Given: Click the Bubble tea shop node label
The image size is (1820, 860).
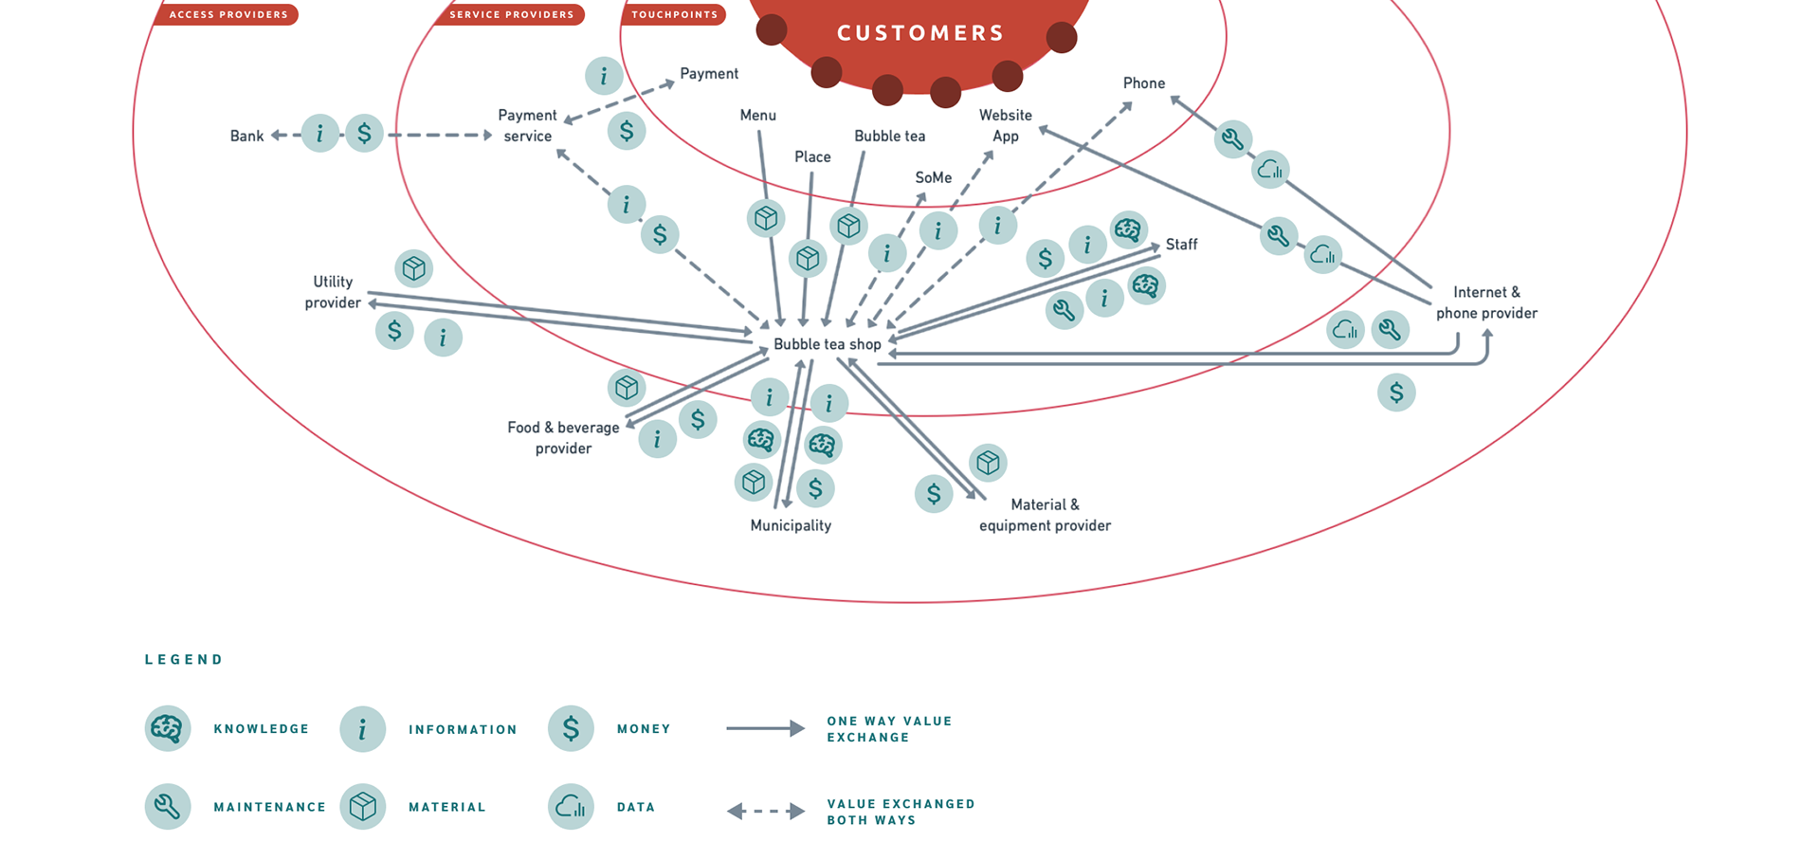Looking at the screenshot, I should pyautogui.click(x=827, y=344).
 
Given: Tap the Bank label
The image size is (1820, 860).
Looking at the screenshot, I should pyautogui.click(x=246, y=136).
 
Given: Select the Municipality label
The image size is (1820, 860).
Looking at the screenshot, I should pyautogui.click(x=791, y=525).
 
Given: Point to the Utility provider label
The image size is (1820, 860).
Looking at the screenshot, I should pyautogui.click(x=333, y=292).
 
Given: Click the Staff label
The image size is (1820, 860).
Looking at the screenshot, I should pyautogui.click(x=1181, y=245).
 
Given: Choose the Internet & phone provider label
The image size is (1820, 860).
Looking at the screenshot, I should pyautogui.click(x=1485, y=302).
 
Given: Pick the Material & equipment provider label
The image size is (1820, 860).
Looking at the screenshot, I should pyautogui.click(x=1045, y=515).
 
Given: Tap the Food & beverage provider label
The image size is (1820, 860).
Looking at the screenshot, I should pyautogui.click(x=563, y=437).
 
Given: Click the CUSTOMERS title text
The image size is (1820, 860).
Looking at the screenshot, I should pyautogui.click(x=919, y=33).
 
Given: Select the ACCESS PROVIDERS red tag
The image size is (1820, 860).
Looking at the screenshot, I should pyautogui.click(x=227, y=14).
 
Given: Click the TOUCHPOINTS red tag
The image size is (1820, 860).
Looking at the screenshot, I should pyautogui.click(x=674, y=14).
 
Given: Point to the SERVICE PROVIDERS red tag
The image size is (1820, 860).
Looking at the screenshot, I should pyautogui.click(x=511, y=14).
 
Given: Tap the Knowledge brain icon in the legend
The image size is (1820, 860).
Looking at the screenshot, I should pyautogui.click(x=168, y=728).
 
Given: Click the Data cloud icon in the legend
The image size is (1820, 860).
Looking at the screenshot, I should pyautogui.click(x=571, y=807).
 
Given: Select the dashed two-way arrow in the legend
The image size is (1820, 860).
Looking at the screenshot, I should pyautogui.click(x=766, y=812).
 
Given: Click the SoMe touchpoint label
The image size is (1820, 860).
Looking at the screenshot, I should pyautogui.click(x=933, y=177).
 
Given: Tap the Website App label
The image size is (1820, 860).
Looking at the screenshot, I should pyautogui.click(x=1006, y=125).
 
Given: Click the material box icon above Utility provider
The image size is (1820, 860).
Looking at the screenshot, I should pyautogui.click(x=413, y=268).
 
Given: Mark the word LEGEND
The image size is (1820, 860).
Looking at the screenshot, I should pyautogui.click(x=184, y=660).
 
